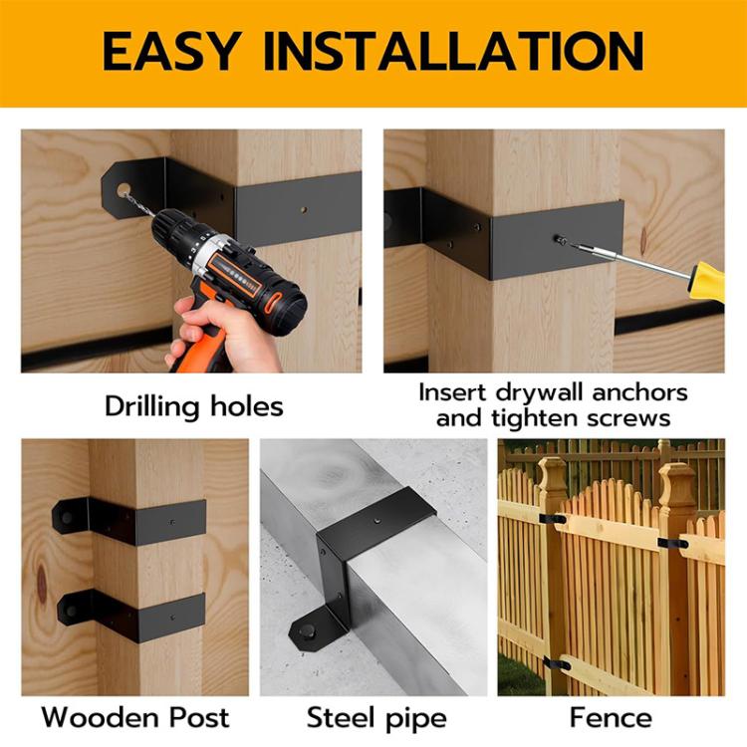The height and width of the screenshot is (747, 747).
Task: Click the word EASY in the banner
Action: pyautogui.click(x=187, y=52)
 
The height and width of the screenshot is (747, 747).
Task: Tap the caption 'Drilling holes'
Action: pyautogui.click(x=193, y=406)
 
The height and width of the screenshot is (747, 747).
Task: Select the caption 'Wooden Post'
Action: pyautogui.click(x=135, y=717)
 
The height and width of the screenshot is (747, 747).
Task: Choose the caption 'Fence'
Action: pyautogui.click(x=611, y=717)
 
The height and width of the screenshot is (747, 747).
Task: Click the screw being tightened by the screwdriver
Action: pyautogui.click(x=560, y=240)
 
